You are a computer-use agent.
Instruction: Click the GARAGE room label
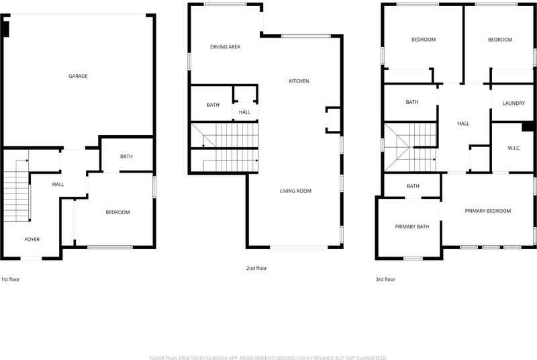pos(78,76)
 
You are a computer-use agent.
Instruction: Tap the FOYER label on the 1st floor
pos(32,239)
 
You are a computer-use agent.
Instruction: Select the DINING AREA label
pos(226,47)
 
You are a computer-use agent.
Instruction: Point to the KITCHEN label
pos(299,81)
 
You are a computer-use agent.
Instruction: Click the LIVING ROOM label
pos(296,191)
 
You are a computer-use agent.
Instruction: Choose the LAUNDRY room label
pos(514,103)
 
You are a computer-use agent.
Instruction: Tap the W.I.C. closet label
pos(514,148)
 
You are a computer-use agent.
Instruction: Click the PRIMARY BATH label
pos(412,227)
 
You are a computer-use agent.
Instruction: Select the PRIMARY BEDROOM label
pos(488,211)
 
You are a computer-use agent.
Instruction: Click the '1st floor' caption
pos(11,279)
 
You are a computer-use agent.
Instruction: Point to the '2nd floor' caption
pos(256,269)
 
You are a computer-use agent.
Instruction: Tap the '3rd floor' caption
pos(385,279)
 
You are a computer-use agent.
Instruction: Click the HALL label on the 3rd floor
pos(463,124)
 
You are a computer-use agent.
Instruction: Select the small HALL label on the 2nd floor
pos(244,112)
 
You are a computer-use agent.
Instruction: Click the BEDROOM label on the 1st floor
pos(118,212)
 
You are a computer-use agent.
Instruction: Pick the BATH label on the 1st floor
pos(126,156)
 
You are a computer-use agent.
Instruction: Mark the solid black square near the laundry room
pos(528,126)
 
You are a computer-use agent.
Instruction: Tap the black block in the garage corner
pos(6,29)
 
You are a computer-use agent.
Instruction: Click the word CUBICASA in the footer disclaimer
pos(219,358)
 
